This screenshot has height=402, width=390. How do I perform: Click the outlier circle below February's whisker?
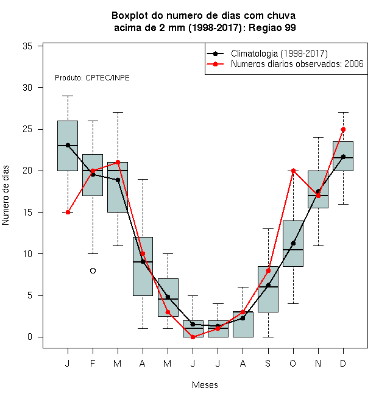[93, 270]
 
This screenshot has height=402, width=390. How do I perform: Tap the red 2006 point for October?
[293, 171]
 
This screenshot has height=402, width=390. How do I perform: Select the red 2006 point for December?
[343, 130]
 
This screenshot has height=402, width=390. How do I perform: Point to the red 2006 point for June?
[193, 337]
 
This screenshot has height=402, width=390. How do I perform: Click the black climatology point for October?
[293, 243]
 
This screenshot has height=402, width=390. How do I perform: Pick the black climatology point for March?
[118, 180]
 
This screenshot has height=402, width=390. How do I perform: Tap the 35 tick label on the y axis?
[27, 46]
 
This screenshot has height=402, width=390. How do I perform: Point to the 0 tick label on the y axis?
[30, 337]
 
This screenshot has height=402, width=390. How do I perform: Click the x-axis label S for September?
[268, 363]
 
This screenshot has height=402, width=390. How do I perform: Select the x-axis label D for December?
[343, 363]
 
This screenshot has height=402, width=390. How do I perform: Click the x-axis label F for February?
[93, 363]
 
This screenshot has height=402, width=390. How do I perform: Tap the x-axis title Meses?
[205, 385]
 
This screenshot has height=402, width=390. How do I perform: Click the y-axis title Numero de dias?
[5, 196]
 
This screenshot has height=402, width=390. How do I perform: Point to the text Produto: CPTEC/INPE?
[92, 78]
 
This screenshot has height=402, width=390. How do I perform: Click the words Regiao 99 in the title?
[272, 27]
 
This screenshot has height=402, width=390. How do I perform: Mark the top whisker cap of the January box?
[68, 96]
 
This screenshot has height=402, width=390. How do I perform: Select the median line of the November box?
[318, 196]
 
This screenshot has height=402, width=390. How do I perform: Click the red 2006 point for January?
[68, 213]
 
